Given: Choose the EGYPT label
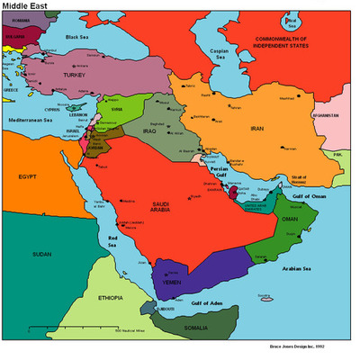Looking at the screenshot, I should click(31, 176).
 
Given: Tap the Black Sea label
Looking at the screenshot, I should click(83, 37).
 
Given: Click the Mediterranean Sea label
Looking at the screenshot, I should click(31, 119).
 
